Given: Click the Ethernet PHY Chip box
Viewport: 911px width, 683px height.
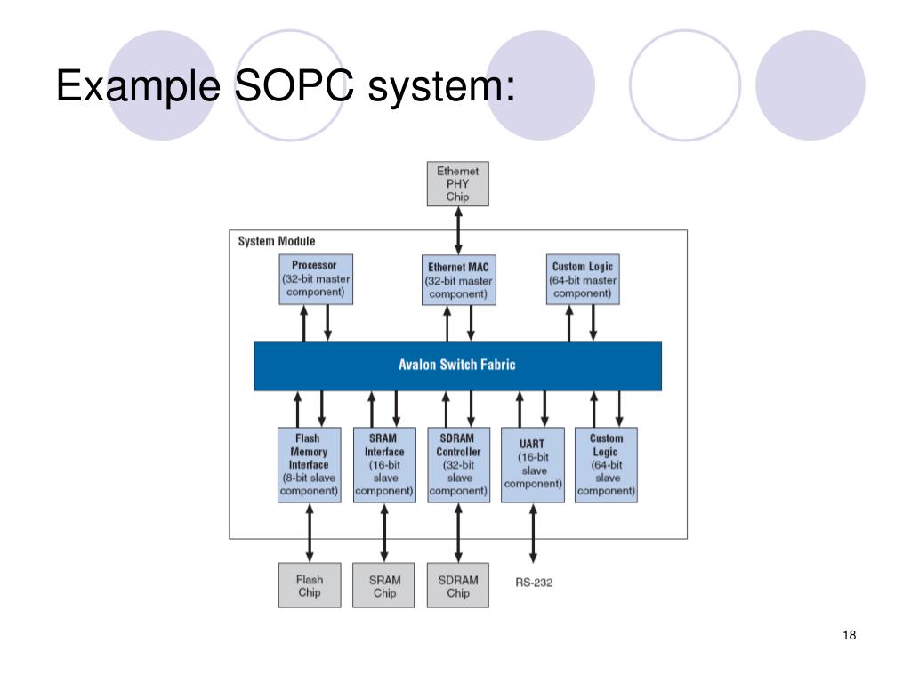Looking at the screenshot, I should (458, 182).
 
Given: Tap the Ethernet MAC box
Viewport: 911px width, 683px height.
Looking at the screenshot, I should (458, 281).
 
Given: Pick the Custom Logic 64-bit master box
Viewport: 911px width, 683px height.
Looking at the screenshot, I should (583, 279).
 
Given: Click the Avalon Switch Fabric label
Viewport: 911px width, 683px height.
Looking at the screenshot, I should (457, 365).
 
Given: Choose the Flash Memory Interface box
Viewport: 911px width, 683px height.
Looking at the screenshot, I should (309, 464).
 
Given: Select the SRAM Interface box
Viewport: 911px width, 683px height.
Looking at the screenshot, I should (384, 464).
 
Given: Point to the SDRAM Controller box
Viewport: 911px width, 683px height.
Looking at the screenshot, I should (458, 464).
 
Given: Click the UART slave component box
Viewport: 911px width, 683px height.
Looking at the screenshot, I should (533, 464).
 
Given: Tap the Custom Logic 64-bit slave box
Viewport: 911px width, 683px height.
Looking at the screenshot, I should (606, 464).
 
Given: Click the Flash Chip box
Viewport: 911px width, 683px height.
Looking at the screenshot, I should (309, 586).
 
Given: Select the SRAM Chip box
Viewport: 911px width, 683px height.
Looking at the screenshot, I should (384, 586).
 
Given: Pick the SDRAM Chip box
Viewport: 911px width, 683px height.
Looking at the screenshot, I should (458, 586).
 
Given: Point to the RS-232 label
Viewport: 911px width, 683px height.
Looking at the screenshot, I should (534, 583).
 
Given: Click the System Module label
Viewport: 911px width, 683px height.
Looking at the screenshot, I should (277, 241).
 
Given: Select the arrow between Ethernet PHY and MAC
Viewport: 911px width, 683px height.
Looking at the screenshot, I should (458, 230).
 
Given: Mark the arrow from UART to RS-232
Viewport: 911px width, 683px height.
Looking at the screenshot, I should (533, 534).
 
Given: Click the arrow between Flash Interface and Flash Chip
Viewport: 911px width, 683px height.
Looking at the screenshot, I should (309, 533).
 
